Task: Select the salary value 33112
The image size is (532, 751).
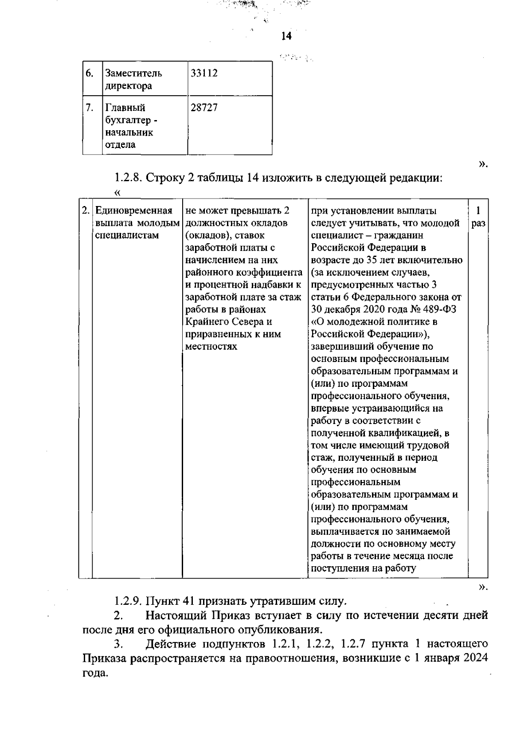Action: pos(204,73)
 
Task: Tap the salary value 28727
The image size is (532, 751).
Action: pos(204,108)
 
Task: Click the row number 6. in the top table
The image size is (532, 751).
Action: pos(90,73)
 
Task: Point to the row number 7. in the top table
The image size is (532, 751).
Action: pos(90,108)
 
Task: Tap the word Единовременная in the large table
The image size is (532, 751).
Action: pos(134,211)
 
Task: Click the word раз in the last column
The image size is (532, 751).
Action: pos(478,223)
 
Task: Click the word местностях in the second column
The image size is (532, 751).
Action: pos(211,346)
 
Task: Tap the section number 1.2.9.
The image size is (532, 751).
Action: pos(127,601)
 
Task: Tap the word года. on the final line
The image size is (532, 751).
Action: pos(96,672)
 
